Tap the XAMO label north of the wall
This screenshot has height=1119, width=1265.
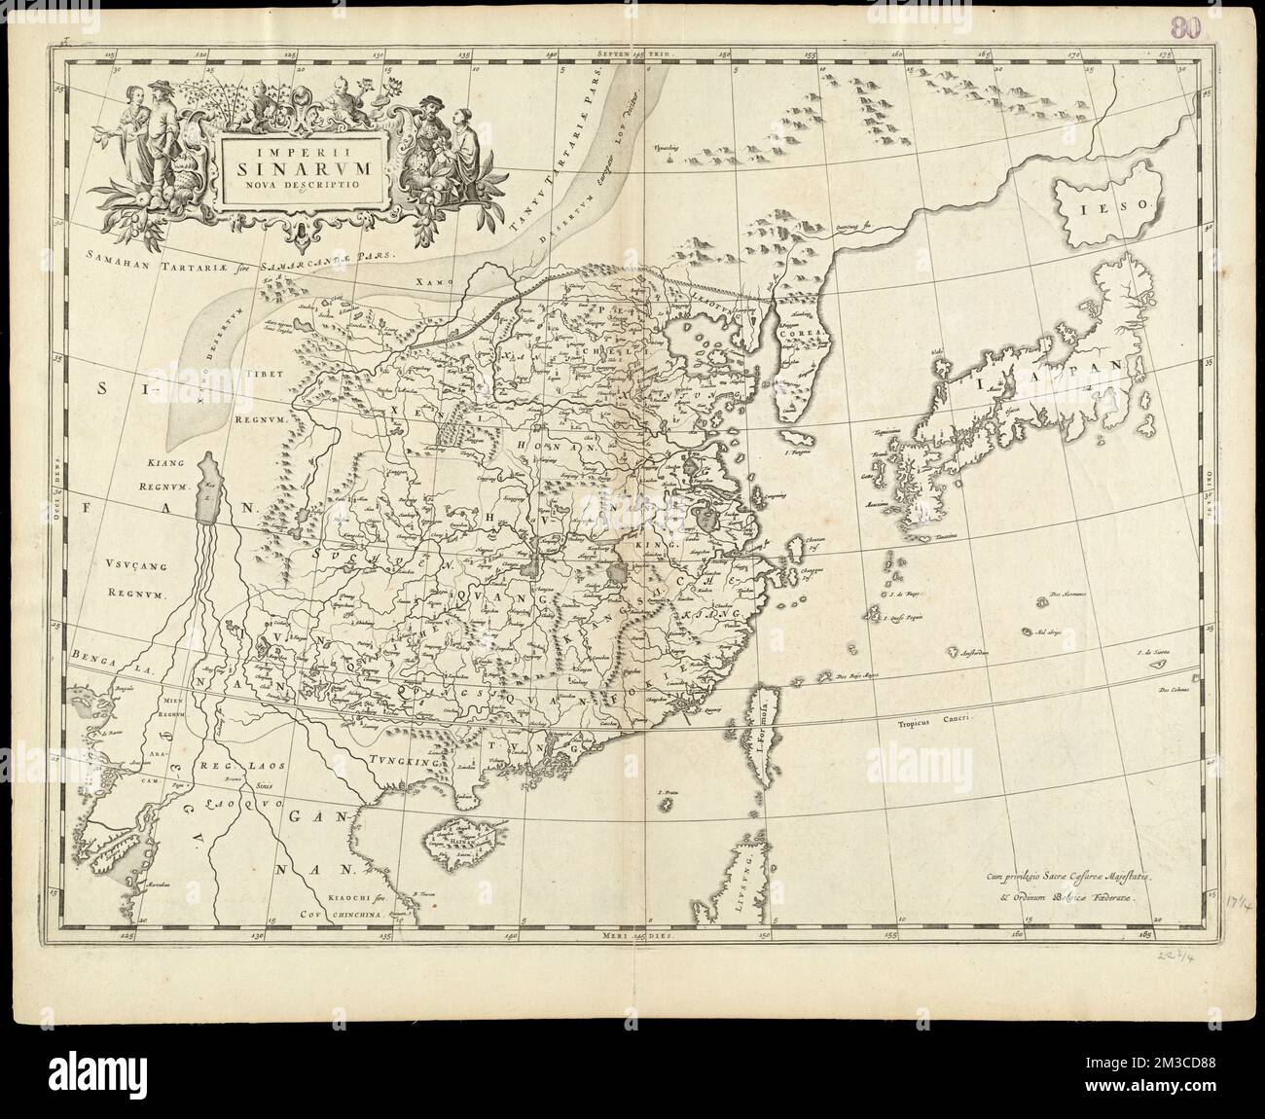click(x=454, y=280)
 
